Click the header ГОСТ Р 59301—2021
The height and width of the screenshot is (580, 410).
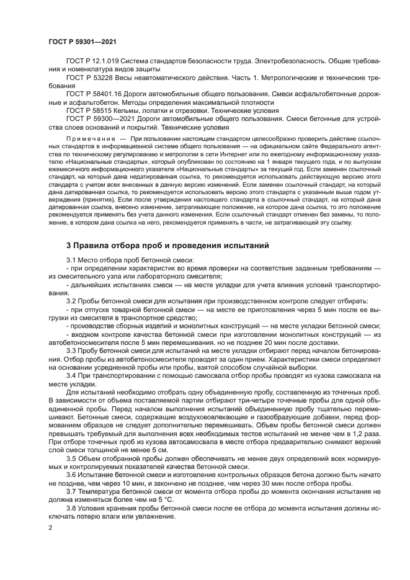(82, 41)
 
